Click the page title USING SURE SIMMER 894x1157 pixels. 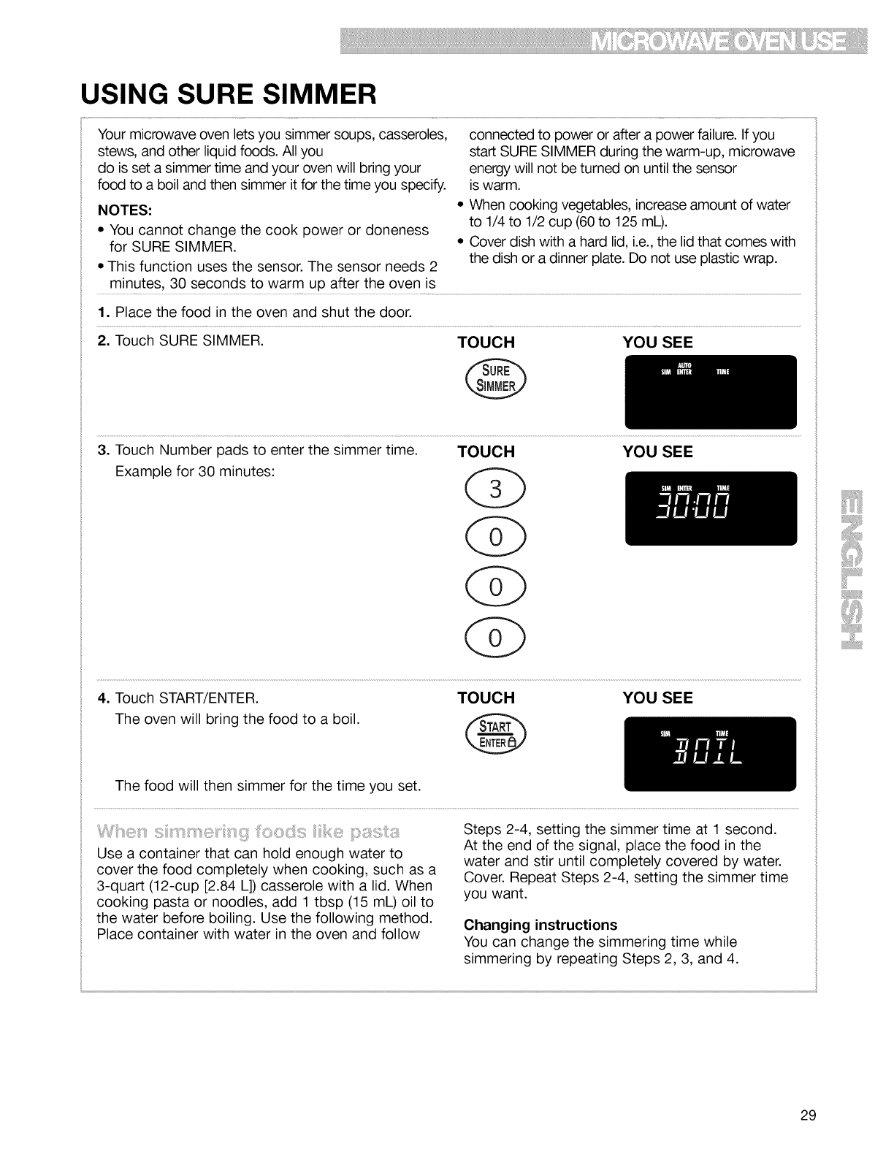coord(229,94)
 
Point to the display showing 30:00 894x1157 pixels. coord(711,508)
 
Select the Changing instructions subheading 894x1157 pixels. coord(540,925)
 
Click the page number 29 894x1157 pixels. coord(807,1115)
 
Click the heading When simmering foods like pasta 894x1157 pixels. coord(248,833)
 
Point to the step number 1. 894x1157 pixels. coord(102,313)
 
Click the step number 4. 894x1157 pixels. coord(102,698)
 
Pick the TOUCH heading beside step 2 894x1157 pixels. coord(486,343)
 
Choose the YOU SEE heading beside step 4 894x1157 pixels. coord(657,698)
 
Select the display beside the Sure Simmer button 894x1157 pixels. coord(711,392)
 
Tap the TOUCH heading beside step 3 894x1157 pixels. coord(486,451)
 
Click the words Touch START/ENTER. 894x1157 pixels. coord(187,698)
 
